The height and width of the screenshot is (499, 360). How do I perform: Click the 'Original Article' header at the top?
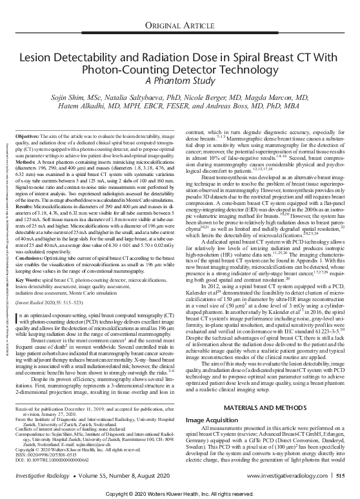[x=179, y=26]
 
